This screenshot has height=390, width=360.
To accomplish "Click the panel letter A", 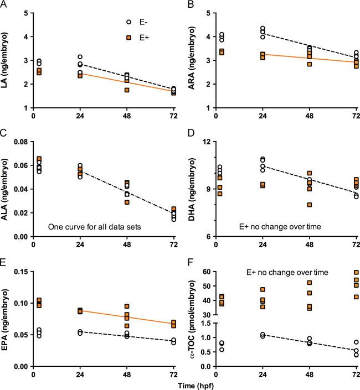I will (x=4, y=4).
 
